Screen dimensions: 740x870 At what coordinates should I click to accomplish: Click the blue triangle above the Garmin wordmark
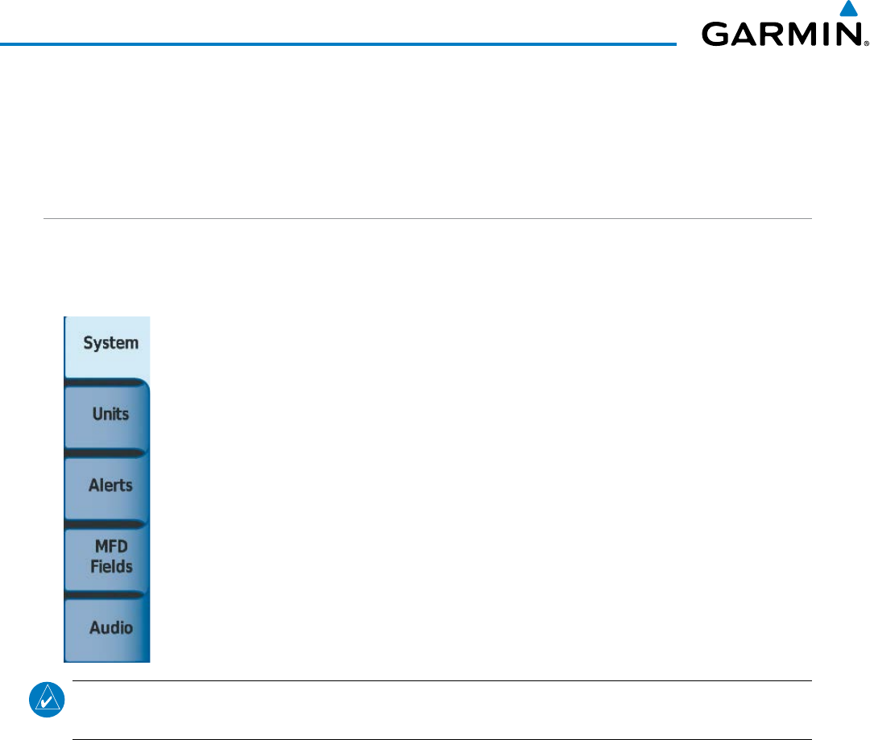coord(847,9)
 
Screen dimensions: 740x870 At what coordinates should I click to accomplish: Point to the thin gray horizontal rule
coord(427,218)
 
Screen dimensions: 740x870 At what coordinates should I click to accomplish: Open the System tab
coord(107,345)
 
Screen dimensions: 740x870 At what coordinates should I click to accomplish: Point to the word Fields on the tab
coord(111,566)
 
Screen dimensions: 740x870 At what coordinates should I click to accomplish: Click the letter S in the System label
coord(88,343)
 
